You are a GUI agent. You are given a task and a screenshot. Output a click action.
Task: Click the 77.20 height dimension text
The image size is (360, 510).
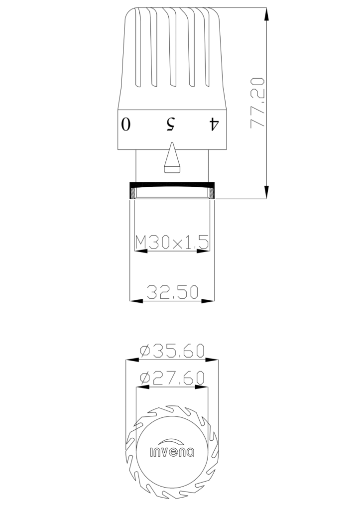[x=257, y=103]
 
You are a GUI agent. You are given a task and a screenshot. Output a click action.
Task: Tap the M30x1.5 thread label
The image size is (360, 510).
[x=172, y=242]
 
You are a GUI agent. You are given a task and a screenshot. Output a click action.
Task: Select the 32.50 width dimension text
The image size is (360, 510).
[x=172, y=292]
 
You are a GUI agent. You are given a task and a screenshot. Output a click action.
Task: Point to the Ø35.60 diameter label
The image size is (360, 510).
[x=172, y=351]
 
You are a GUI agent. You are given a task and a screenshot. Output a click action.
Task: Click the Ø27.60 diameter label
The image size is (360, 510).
[x=172, y=378]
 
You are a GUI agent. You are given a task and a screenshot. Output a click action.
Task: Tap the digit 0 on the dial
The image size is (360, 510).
[x=126, y=124]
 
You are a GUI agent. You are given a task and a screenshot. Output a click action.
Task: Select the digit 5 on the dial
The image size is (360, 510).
[x=171, y=124]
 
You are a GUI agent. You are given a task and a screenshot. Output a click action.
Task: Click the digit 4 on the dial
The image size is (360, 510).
[x=214, y=124]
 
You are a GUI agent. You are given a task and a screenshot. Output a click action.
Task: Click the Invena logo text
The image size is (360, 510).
[x=172, y=452]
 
